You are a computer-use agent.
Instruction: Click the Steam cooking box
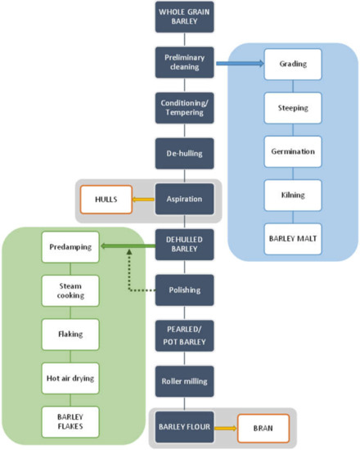tap(70, 289)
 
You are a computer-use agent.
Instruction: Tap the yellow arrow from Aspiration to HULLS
tap(144, 198)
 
